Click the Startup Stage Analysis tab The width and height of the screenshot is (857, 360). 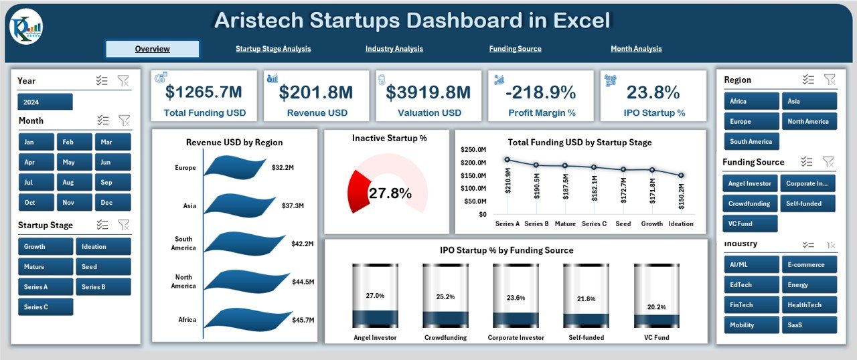pyautogui.click(x=273, y=49)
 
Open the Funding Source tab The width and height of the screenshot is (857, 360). pyautogui.click(x=515, y=49)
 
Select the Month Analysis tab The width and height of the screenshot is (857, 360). pyautogui.click(x=636, y=49)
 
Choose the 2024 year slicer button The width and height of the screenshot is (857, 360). pyautogui.click(x=45, y=102)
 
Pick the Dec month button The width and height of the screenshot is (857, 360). pyautogui.click(x=112, y=202)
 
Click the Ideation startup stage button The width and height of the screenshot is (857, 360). pyautogui.click(x=103, y=246)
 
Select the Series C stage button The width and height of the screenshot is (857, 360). pyautogui.click(x=46, y=307)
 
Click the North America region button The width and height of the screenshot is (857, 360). pyautogui.click(x=809, y=121)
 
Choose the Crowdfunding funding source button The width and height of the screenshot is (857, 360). pyautogui.click(x=750, y=203)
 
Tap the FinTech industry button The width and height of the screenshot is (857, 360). pyautogui.click(x=751, y=304)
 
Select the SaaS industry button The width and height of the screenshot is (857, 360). pyautogui.click(x=809, y=325)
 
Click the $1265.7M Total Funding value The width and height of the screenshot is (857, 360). pyautogui.click(x=204, y=92)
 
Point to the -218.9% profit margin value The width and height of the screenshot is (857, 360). pyautogui.click(x=541, y=92)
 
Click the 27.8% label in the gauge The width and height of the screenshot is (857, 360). pyautogui.click(x=390, y=193)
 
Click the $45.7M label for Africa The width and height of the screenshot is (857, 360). pyautogui.click(x=303, y=320)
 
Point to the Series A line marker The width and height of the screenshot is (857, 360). pyautogui.click(x=508, y=159)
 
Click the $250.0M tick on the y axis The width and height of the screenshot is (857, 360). pyautogui.click(x=474, y=149)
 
